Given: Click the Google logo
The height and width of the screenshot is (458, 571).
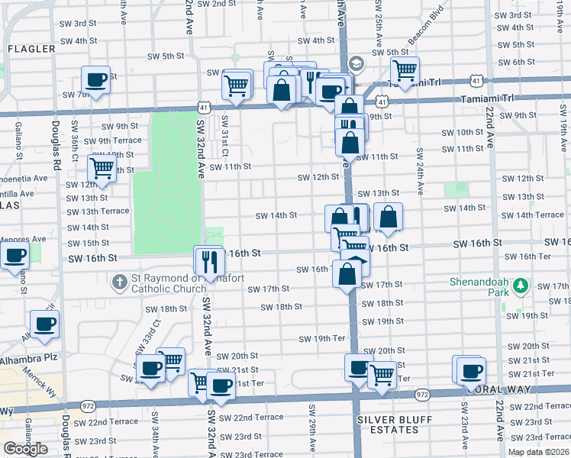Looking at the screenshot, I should point(25,449).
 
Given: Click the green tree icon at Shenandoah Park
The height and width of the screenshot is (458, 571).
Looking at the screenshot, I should point(521,286).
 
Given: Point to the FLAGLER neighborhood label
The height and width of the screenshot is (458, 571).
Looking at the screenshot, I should point(31,49).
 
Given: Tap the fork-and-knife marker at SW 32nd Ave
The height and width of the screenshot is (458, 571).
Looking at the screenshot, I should point(207,261).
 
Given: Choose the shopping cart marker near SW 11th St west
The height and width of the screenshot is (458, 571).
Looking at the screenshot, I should point(102,168).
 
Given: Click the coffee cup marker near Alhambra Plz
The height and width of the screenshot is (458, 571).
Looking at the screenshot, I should point(44,324).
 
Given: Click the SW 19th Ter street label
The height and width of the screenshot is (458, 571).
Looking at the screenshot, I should point(322,338).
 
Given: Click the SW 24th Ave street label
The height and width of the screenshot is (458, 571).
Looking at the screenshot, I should point(420,172).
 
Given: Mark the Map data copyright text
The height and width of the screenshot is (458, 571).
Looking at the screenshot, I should point(539,452).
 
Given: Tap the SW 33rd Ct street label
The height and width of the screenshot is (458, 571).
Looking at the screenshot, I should point(156,332).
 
